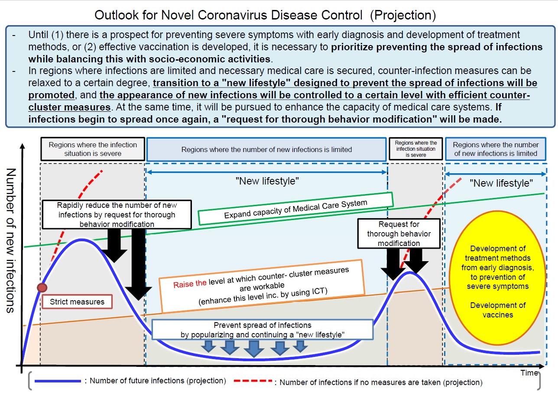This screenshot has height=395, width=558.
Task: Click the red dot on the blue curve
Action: point(42,287)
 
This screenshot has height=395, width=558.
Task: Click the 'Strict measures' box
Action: point(77,302)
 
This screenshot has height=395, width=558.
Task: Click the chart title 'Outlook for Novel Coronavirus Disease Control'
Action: point(228,16)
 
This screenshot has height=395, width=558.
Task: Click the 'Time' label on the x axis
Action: point(529,373)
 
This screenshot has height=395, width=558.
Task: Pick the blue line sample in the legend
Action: point(58,381)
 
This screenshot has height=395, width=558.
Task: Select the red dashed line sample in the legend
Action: point(254,382)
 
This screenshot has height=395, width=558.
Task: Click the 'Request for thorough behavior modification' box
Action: point(399,234)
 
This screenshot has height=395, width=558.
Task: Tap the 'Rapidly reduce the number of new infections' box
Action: point(117,214)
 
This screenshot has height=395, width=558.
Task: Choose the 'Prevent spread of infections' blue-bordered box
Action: point(263,330)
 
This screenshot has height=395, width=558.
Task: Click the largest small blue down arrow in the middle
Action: point(254,348)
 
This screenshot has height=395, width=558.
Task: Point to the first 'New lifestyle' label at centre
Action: point(267,181)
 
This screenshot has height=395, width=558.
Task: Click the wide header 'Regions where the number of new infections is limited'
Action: point(266,149)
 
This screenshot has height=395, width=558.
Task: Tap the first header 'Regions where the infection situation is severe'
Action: point(93,149)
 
